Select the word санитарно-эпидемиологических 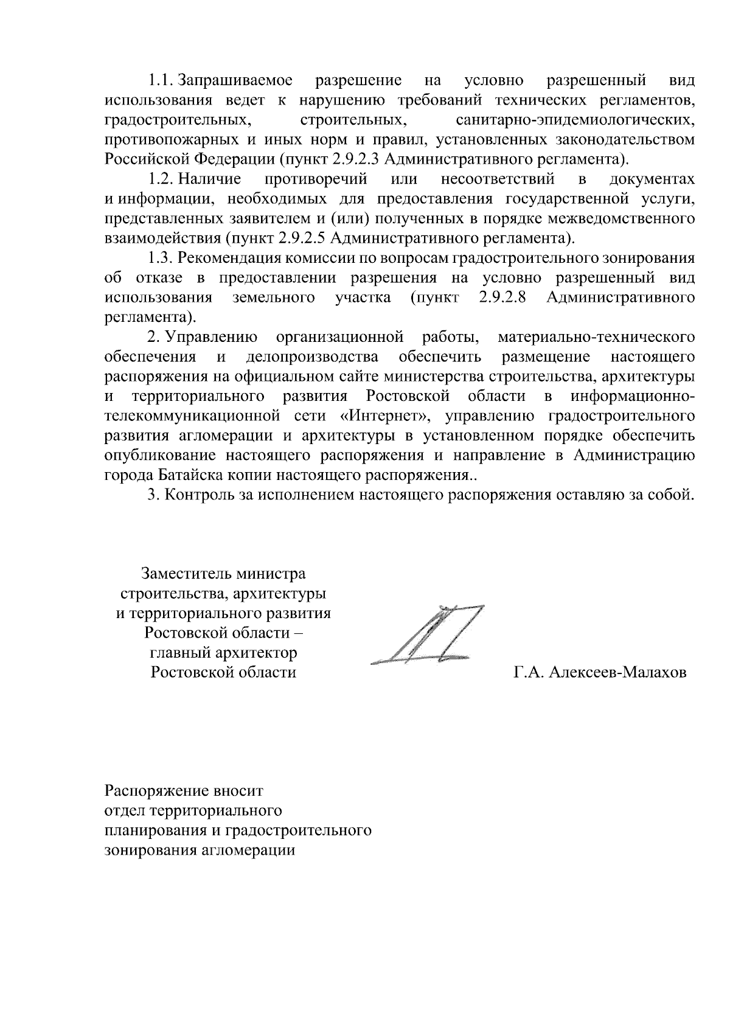point(575,120)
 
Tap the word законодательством point(625,140)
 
